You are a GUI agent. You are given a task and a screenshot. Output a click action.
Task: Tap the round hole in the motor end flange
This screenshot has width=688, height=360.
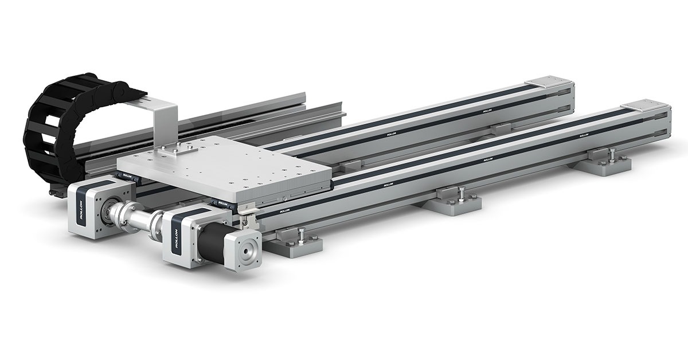tap(249, 251)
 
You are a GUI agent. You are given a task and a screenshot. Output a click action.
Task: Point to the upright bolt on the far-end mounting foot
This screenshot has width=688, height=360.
tap(612, 153)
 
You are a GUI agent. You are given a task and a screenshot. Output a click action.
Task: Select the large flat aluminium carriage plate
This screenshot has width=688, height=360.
tap(229, 166)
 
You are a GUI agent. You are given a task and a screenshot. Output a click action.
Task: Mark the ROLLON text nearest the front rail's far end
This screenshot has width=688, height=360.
tap(584, 136)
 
